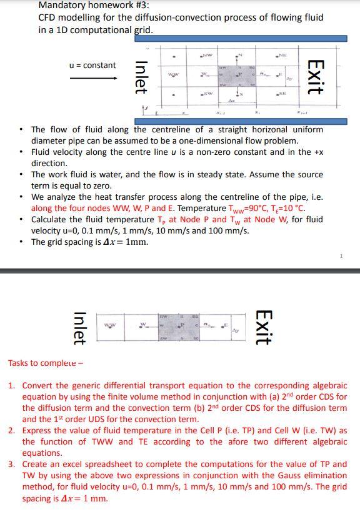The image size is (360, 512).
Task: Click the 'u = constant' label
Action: (x=92, y=66)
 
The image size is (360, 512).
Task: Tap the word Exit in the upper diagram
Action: (x=316, y=76)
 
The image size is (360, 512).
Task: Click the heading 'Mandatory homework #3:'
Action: (x=94, y=6)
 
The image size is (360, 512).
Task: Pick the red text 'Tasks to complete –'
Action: (x=47, y=363)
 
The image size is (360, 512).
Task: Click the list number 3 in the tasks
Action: (x=12, y=464)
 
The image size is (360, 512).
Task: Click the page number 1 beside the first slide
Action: (x=342, y=255)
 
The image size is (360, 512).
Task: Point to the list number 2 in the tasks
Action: (x=12, y=430)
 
